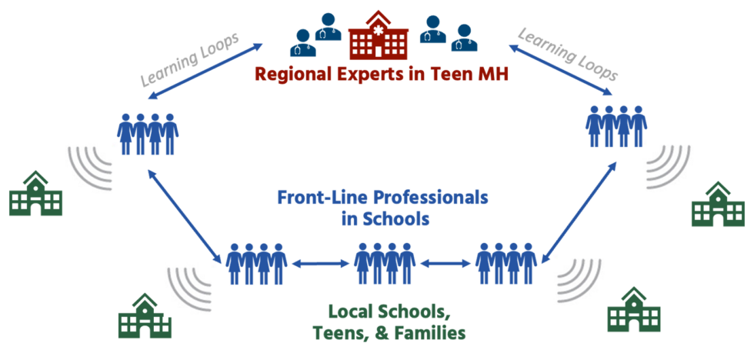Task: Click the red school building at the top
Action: click(378, 35)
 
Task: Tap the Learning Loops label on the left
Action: click(188, 61)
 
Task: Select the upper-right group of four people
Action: click(616, 126)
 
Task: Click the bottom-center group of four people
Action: click(385, 264)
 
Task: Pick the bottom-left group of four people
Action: click(257, 264)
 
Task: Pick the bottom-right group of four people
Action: click(505, 264)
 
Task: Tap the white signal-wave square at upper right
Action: click(669, 166)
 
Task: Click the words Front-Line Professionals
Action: click(382, 197)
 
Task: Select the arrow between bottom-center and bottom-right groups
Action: click(445, 264)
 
